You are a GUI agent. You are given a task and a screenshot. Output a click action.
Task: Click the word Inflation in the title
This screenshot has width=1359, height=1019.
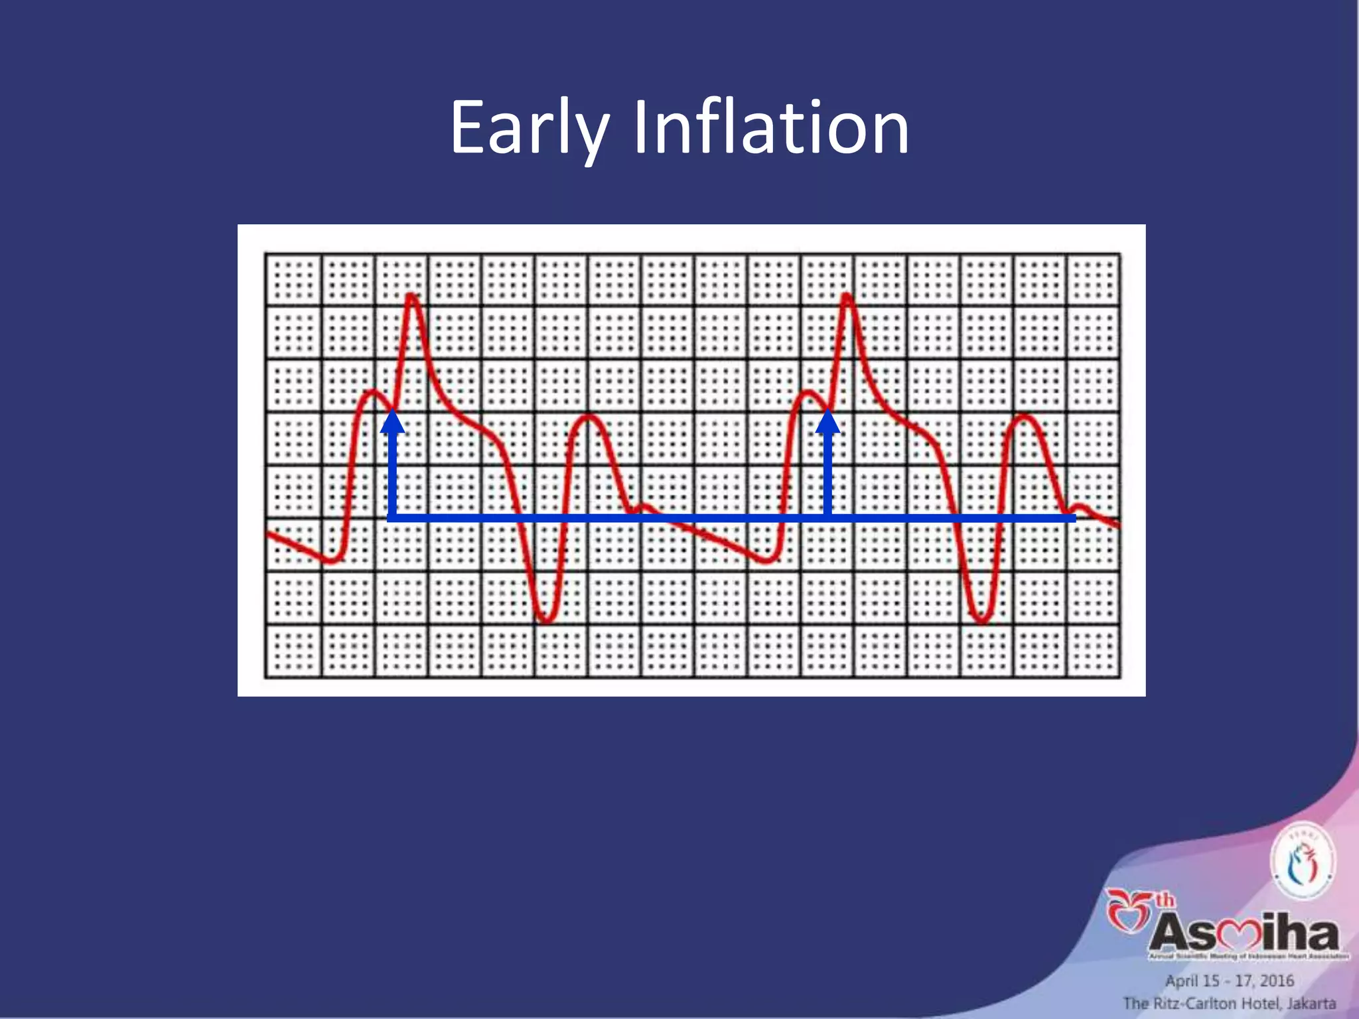point(770,127)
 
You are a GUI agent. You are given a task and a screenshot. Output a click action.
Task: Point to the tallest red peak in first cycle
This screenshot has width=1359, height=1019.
point(412,296)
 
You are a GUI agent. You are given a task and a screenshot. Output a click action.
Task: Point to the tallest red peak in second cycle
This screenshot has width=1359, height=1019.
point(847,296)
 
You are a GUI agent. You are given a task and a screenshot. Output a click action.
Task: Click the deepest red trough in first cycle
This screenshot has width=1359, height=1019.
point(546,620)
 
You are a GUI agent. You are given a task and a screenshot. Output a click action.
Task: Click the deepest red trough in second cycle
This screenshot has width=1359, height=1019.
point(982,620)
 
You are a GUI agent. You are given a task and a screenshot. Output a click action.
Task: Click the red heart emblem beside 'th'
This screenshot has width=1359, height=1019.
point(1128,914)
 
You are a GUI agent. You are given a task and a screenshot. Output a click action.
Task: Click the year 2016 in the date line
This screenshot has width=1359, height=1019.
point(1277,981)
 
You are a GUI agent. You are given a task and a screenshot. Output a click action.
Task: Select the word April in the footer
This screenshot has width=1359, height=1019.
point(1181,981)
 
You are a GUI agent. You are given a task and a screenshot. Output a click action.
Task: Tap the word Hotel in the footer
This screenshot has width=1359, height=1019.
point(1259,1003)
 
